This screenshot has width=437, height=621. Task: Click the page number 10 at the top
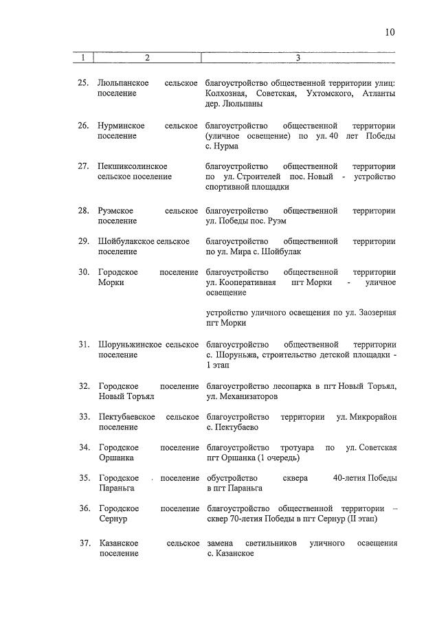(390, 32)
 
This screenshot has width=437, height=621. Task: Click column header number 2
(146, 58)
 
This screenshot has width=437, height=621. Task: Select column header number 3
(298, 58)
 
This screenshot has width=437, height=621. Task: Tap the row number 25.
(82, 83)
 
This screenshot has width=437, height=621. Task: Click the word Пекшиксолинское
(133, 166)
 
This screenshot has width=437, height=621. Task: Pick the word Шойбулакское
(126, 241)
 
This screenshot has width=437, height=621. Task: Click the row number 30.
(82, 272)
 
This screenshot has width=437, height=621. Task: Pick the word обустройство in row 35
(230, 478)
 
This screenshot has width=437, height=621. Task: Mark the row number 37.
(82, 543)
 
